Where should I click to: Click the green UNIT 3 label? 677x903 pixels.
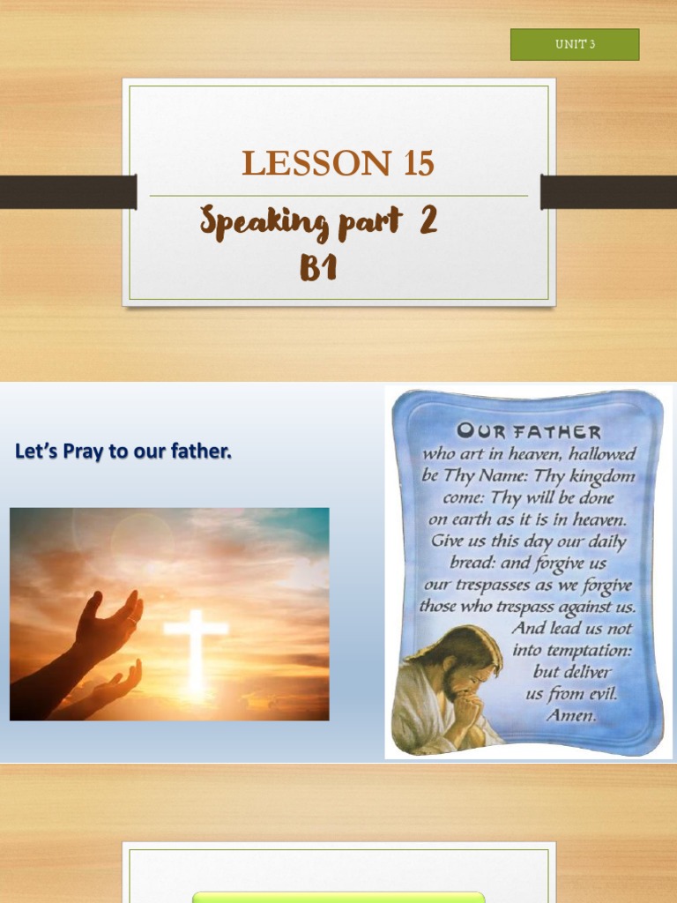(575, 44)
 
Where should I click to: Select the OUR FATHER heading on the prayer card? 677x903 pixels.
(529, 432)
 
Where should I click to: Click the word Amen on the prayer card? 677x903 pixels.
(571, 715)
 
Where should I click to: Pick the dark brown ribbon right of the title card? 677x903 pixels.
(608, 192)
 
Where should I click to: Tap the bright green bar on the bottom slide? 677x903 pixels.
(338, 897)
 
